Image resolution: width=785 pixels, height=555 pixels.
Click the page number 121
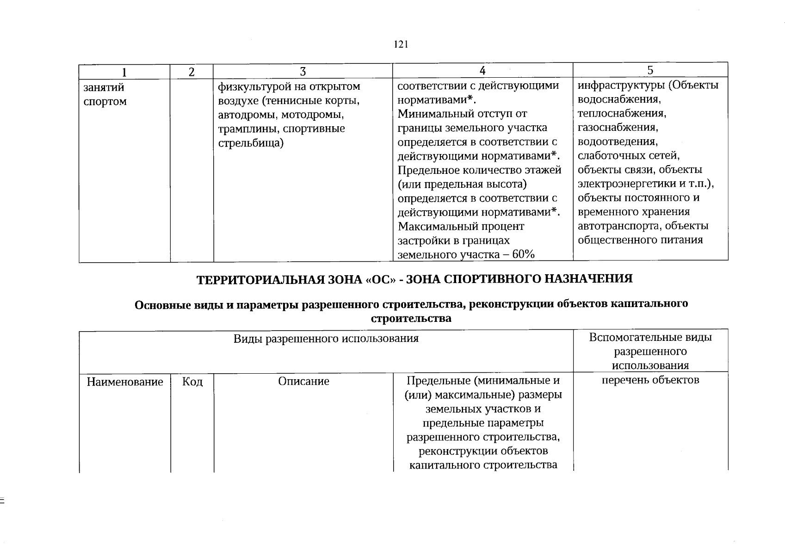tap(401, 44)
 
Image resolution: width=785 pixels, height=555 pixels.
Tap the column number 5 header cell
tap(650, 70)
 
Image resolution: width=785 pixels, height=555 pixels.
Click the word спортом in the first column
tap(105, 101)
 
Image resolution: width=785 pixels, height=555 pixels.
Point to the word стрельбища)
tap(251, 143)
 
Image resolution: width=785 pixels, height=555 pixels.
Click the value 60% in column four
tap(524, 255)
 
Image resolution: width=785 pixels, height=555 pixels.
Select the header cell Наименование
tap(125, 382)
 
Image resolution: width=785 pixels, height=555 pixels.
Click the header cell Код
tap(192, 382)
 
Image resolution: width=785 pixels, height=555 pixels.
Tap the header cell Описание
tap(303, 381)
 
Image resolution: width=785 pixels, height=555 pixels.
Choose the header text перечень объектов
tap(650, 380)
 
